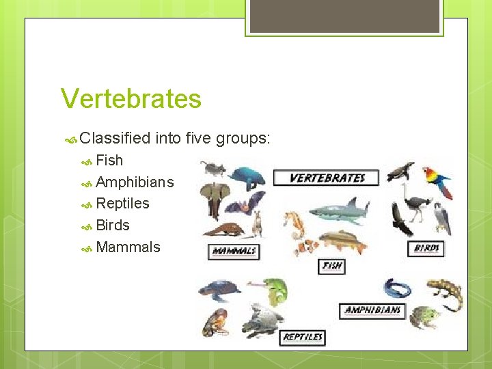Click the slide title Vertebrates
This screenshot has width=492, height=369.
[131, 98]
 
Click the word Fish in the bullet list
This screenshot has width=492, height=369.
[109, 161]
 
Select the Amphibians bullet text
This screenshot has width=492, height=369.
[135, 182]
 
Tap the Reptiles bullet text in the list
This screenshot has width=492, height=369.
[122, 204]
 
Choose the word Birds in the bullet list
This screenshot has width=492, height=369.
[113, 225]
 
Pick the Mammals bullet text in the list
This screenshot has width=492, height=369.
[128, 247]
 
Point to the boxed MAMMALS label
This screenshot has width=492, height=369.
[234, 251]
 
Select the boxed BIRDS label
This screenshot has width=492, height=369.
[426, 248]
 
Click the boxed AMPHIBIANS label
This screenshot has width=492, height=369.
[372, 310]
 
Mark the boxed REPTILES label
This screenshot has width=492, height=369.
[302, 337]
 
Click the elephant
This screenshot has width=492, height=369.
[214, 199]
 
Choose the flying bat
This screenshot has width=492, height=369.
[245, 202]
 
